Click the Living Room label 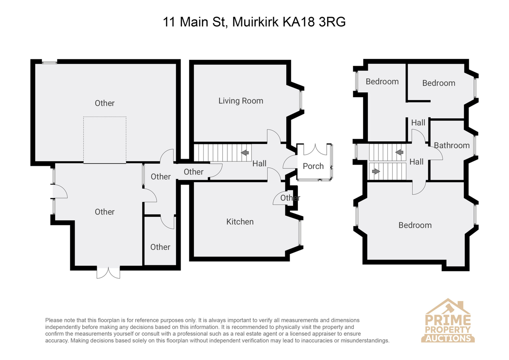(x=241, y=101)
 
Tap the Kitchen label (x=240, y=222)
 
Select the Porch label (x=313, y=166)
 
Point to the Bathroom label (x=452, y=146)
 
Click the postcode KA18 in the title (x=298, y=22)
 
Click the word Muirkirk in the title (x=255, y=22)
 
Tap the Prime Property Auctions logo (x=447, y=321)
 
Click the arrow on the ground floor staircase (x=245, y=152)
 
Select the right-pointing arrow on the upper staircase (x=376, y=171)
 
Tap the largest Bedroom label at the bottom (x=415, y=225)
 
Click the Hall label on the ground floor (x=259, y=163)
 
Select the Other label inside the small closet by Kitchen (x=290, y=198)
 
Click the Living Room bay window (x=301, y=100)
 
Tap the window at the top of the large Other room (x=49, y=62)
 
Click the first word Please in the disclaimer (x=54, y=320)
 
